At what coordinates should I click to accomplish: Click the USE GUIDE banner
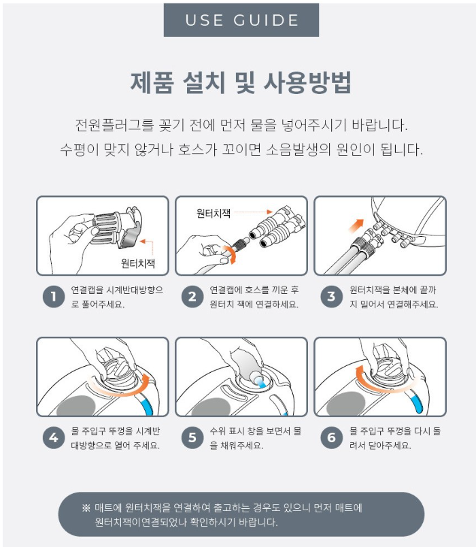coord(241,20)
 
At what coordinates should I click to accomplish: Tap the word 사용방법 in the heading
coord(307,83)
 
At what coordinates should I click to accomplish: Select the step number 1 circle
coord(54,297)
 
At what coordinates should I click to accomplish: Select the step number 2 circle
coord(192,297)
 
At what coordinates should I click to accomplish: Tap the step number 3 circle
coord(331,297)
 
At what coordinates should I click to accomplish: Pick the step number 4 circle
coord(54,437)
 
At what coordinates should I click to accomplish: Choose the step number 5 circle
coord(192,437)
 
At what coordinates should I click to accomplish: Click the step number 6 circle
coord(331,437)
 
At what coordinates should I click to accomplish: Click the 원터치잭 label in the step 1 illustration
coord(138,263)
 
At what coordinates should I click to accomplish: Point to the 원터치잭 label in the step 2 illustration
coord(214,213)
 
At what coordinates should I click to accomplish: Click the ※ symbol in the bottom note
coord(86,508)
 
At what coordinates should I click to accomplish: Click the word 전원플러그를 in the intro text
coord(114,125)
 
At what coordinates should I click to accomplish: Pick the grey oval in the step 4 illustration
coord(75,405)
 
